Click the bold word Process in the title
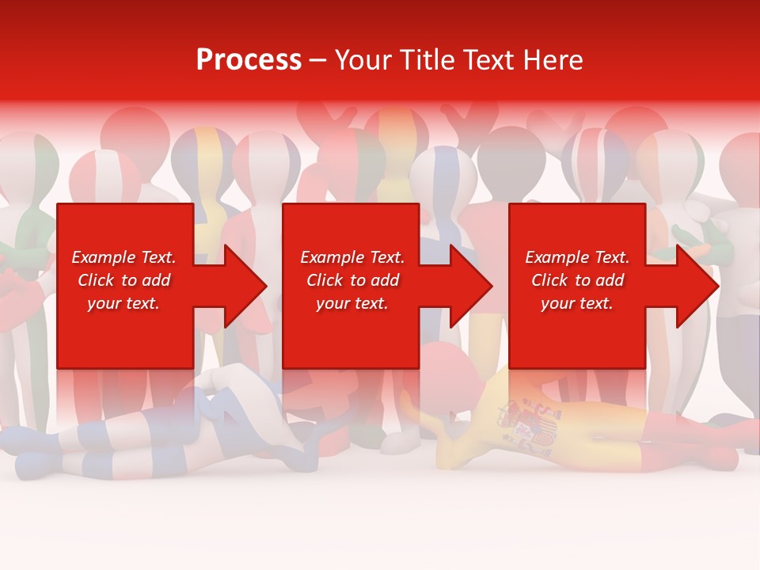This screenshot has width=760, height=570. point(249,60)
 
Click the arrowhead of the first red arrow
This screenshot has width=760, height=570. point(245,286)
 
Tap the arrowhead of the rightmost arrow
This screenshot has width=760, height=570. point(698,286)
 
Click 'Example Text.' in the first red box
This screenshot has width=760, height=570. point(124,257)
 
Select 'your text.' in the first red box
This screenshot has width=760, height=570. point(124,303)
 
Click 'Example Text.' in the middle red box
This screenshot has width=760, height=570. point(352,257)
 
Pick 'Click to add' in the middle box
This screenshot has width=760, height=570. point(352,280)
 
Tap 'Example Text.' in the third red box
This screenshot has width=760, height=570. point(577,257)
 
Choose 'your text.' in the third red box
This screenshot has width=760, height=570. point(577,303)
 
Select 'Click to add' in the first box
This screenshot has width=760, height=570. point(124,280)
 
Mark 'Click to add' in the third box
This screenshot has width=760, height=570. point(577,280)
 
